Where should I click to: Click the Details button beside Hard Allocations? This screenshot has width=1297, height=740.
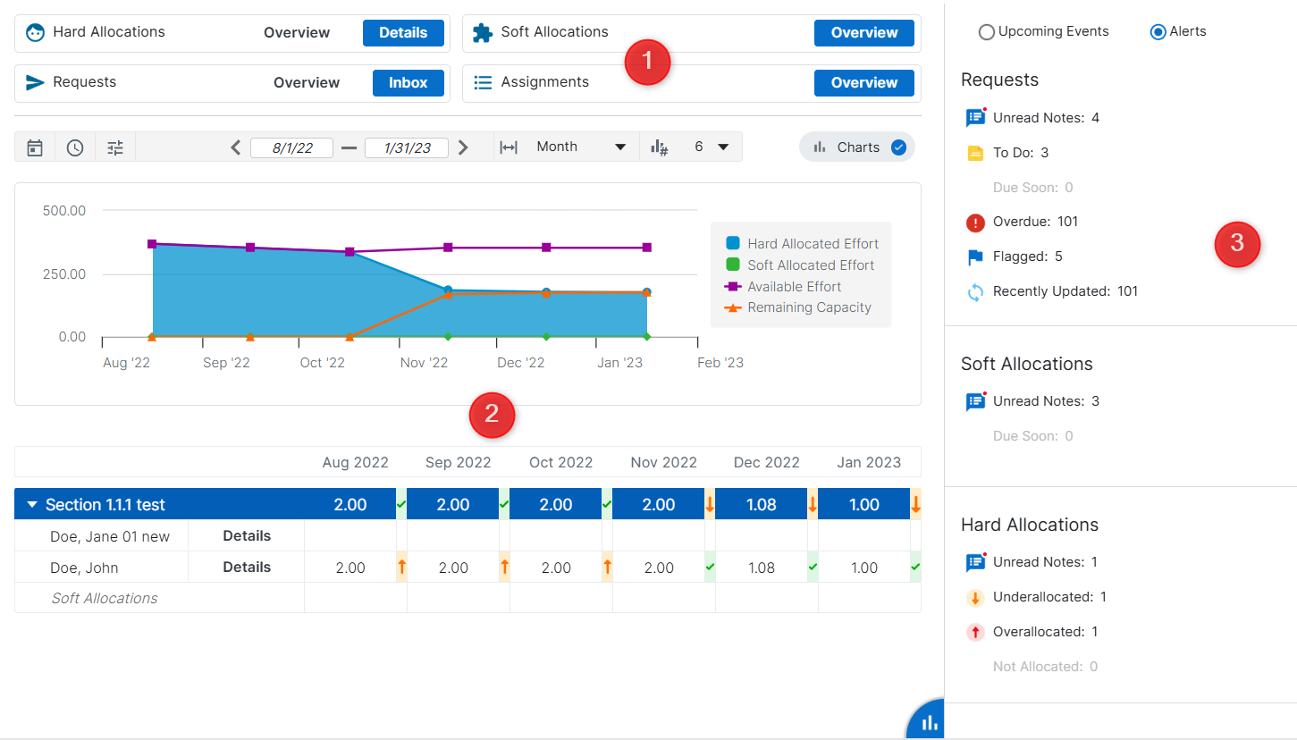tap(403, 33)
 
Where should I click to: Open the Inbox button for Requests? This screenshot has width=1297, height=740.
tap(408, 83)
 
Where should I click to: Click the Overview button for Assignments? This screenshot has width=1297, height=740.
tap(863, 83)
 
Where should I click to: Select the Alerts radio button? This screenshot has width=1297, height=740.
tap(1158, 32)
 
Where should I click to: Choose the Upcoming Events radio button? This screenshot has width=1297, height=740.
tap(987, 32)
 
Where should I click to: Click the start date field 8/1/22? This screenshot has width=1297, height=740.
tap(291, 148)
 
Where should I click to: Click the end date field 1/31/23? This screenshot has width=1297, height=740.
tap(406, 148)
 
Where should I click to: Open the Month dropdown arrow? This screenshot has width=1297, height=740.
tap(620, 147)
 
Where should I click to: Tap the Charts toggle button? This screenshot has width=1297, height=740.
tap(857, 147)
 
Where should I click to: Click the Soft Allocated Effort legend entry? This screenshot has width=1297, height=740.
tap(810, 265)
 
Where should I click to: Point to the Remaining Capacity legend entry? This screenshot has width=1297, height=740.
tap(808, 307)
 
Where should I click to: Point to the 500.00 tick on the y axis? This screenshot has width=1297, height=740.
tap(64, 211)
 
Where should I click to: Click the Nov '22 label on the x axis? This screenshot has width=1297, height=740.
tap(425, 363)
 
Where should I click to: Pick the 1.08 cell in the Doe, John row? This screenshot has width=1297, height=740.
tap(762, 568)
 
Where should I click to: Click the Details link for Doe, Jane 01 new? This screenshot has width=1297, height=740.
tap(247, 536)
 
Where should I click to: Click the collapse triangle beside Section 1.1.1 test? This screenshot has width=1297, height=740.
tap(32, 505)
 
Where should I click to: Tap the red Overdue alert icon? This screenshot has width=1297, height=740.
tap(975, 223)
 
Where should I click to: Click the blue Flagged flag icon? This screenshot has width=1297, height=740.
tap(975, 257)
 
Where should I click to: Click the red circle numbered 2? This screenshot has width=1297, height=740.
tap(492, 415)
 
